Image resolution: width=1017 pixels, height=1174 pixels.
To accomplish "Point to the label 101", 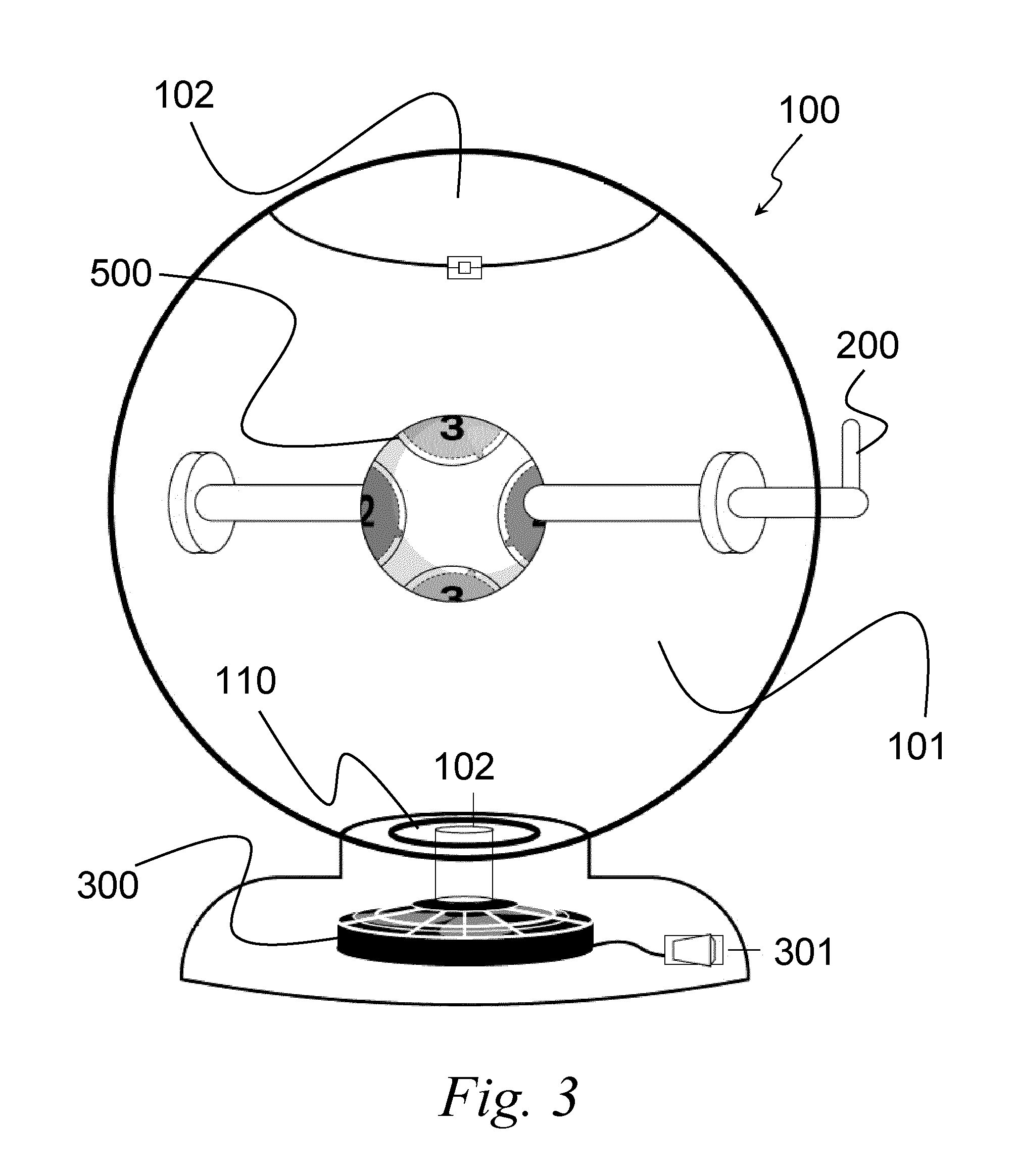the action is (x=916, y=746).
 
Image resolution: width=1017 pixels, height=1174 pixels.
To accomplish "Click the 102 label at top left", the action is (x=184, y=95).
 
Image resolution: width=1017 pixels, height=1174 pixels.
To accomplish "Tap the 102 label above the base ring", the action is (x=464, y=767).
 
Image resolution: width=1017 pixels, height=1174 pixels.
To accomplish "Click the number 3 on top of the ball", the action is (x=452, y=428).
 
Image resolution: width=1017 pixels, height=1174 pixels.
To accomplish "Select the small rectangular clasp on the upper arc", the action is (x=464, y=268).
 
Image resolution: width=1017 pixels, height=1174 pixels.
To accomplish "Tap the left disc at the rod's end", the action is (x=202, y=502).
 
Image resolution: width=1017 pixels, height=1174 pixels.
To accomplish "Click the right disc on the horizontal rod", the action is (x=732, y=502).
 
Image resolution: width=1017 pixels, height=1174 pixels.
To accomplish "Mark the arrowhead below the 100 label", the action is (x=761, y=209).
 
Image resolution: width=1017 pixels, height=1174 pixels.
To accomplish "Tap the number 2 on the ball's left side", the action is (x=367, y=512).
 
